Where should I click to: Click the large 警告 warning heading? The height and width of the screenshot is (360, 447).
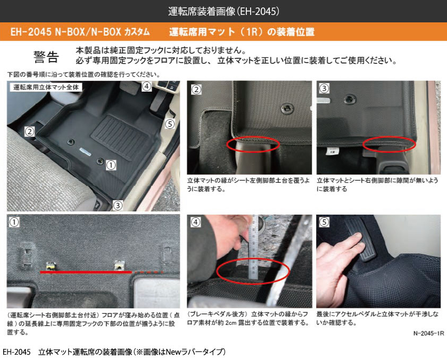46,57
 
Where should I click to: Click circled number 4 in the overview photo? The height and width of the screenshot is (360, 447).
146,86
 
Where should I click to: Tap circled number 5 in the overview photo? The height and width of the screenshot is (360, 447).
170,124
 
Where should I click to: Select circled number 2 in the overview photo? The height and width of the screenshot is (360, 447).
30,132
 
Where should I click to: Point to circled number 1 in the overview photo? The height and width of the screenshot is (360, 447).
111,165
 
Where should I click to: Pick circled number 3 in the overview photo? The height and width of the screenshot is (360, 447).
118,205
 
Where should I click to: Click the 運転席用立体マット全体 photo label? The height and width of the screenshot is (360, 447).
46,87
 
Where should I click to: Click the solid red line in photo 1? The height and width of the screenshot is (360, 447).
86,273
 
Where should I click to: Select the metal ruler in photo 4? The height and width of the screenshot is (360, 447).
253,247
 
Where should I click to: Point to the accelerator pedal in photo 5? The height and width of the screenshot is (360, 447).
361,240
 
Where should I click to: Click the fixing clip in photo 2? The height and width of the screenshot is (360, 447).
287,108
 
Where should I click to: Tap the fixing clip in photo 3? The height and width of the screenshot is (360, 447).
349,99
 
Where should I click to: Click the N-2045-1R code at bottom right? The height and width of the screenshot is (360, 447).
428,333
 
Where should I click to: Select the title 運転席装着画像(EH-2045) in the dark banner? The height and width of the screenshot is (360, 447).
223,11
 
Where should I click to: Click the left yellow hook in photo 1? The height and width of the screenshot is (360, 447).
51,266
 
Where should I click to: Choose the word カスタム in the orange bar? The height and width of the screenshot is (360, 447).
137,31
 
